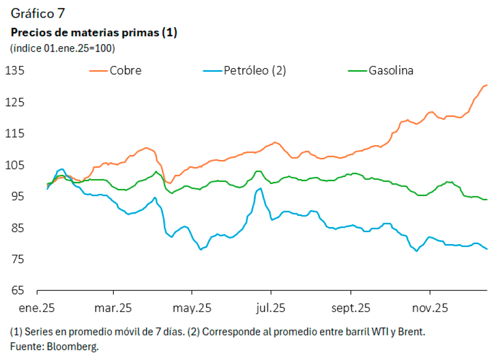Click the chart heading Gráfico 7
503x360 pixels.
point(38,13)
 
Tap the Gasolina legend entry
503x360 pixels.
point(391,70)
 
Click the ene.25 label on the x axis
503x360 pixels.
point(37,308)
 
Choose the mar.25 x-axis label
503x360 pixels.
point(114,308)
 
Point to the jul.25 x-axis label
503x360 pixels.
point(271,308)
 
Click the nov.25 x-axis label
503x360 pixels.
point(430,308)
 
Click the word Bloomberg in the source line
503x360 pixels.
point(73,347)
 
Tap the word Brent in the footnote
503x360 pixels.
point(412,332)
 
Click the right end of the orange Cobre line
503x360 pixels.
point(487,85)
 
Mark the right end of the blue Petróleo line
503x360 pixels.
point(487,249)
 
